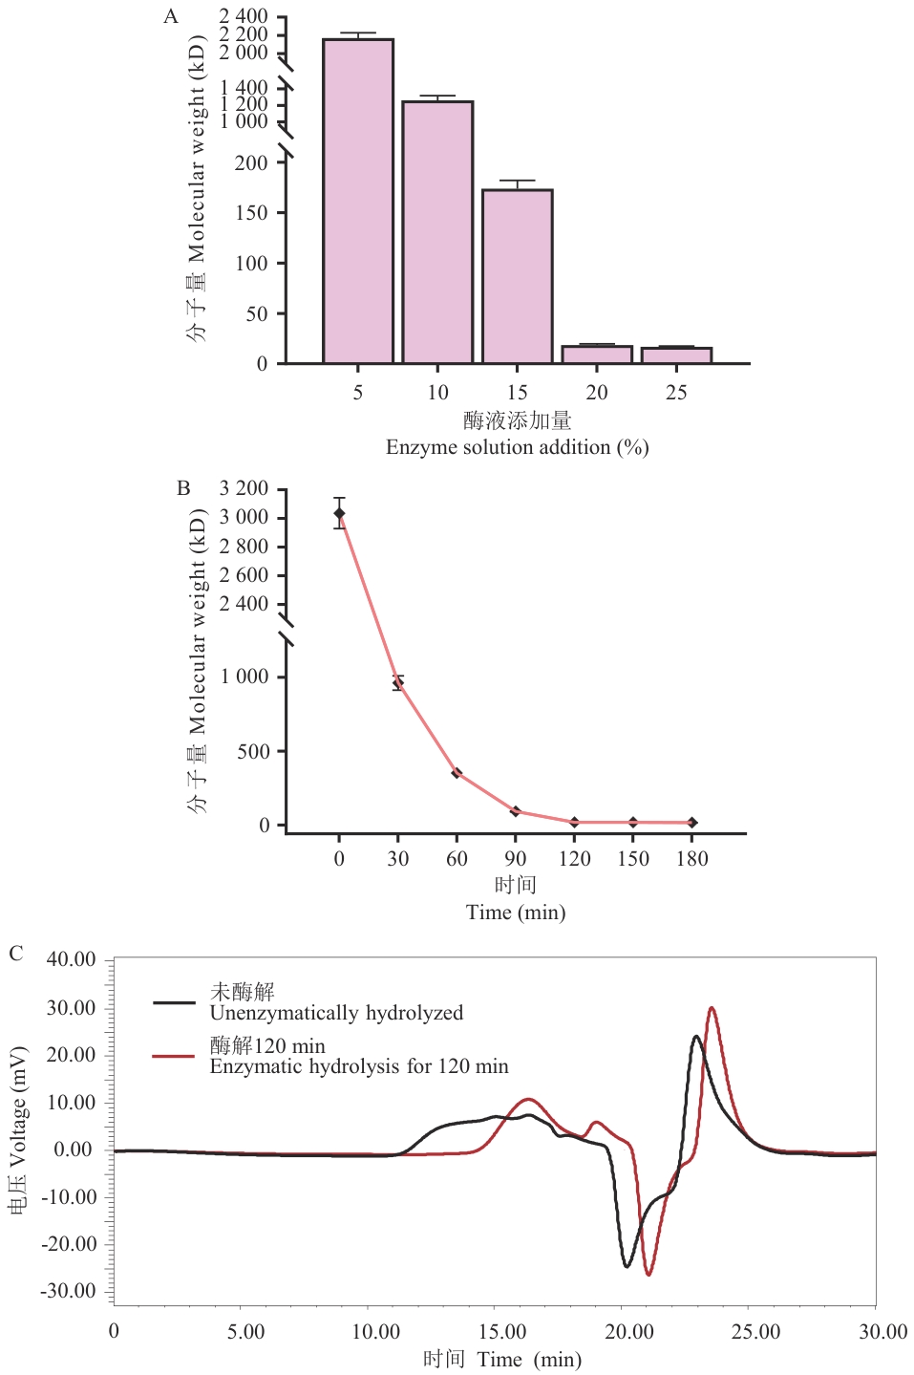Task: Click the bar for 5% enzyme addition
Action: pyautogui.click(x=358, y=201)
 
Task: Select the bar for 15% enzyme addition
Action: pyautogui.click(x=517, y=276)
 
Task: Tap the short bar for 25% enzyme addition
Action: pyautogui.click(x=676, y=355)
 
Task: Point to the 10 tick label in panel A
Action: pyautogui.click(x=437, y=393)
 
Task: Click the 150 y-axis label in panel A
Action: pyautogui.click(x=251, y=213)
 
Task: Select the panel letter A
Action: pyautogui.click(x=171, y=16)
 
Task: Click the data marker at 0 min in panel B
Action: pyautogui.click(x=339, y=513)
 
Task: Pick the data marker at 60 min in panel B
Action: pyautogui.click(x=457, y=773)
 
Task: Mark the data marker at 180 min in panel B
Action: pyautogui.click(x=692, y=823)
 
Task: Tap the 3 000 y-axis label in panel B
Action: pyautogui.click(x=244, y=518)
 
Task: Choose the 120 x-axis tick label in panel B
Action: pyautogui.click(x=574, y=859)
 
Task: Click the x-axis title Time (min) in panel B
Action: pyautogui.click(x=516, y=913)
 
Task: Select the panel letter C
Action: pyautogui.click(x=15, y=954)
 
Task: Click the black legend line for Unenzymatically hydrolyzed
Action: pyautogui.click(x=174, y=1002)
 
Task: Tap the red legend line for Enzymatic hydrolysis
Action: pyautogui.click(x=174, y=1056)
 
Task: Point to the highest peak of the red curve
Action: pyautogui.click(x=712, y=1008)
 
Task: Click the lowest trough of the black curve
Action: pyautogui.click(x=627, y=1266)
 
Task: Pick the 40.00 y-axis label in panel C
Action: pyautogui.click(x=71, y=959)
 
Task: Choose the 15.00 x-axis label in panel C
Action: pyautogui.click(x=501, y=1332)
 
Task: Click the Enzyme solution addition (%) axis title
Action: pyautogui.click(x=517, y=447)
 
